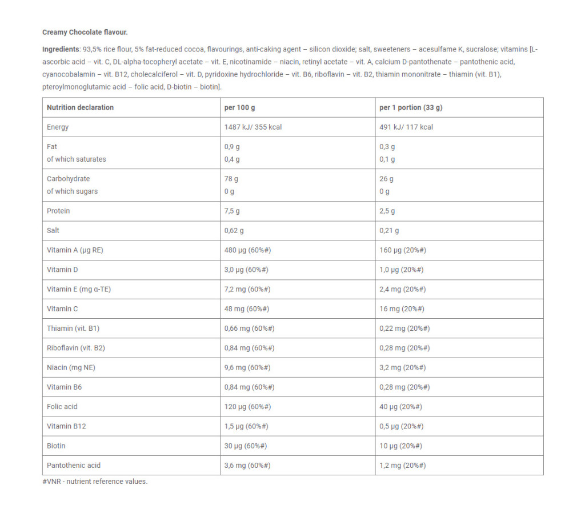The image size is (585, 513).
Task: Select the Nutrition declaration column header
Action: (x=80, y=107)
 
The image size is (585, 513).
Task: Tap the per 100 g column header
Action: (x=239, y=107)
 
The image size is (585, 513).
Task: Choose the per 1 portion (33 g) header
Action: (x=411, y=107)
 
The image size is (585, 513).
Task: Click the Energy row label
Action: (x=58, y=127)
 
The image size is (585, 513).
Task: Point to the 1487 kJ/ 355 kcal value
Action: (x=253, y=127)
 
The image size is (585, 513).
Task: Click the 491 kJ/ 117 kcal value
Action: (x=406, y=127)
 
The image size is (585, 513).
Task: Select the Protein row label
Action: (x=58, y=211)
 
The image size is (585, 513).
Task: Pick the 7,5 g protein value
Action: (x=232, y=211)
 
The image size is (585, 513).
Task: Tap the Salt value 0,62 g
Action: (x=234, y=230)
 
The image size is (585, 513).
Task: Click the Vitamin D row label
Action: (x=62, y=270)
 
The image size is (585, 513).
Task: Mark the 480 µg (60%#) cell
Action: (x=247, y=250)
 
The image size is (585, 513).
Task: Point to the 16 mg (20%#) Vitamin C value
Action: (x=402, y=308)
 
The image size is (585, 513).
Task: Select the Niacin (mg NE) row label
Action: (x=71, y=367)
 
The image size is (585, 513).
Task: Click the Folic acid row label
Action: (x=62, y=406)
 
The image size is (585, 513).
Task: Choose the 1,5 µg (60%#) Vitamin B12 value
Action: (x=246, y=426)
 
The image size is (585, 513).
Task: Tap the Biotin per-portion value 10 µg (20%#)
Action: (x=400, y=446)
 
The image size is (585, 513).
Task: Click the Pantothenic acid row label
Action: (x=74, y=465)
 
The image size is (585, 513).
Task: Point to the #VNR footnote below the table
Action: (x=95, y=481)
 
